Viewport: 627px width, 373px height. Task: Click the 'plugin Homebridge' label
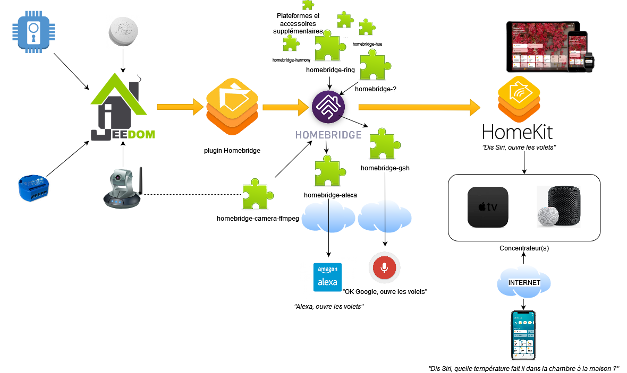(232, 151)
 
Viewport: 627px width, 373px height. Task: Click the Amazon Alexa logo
(328, 277)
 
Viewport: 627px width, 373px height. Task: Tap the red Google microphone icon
(385, 267)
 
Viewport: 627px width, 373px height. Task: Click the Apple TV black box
(488, 207)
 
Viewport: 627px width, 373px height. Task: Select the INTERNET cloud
(524, 283)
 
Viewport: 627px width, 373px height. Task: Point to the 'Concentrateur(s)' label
(524, 248)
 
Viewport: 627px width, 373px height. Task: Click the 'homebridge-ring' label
(331, 70)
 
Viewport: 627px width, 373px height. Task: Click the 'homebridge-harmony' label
(291, 60)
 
